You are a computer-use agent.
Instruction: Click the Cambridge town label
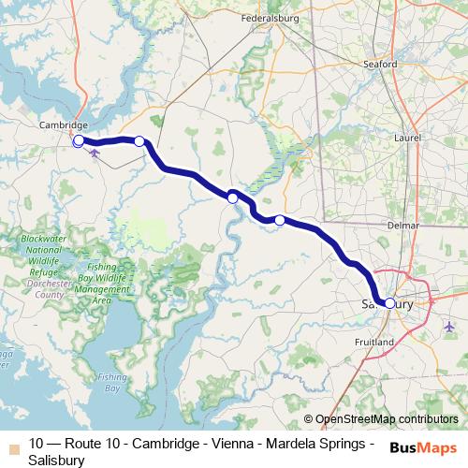pos(64,124)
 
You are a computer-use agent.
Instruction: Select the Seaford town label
pos(379,65)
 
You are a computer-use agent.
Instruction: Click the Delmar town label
pos(376,225)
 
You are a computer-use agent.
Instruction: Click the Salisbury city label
pos(387,304)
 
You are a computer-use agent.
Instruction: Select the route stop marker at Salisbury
pos(389,303)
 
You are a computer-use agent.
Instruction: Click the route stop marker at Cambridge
pos(79,141)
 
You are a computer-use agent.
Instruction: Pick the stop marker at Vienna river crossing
pos(232,197)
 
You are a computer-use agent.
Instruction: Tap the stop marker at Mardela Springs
pos(279,220)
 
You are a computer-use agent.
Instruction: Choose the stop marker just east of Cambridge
pos(139,141)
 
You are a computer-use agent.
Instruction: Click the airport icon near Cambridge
pos(94,153)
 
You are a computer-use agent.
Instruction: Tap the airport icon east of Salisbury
pos(450,327)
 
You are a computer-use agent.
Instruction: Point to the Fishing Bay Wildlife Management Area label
pos(103,284)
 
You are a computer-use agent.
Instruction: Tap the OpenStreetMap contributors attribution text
pos(386,419)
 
